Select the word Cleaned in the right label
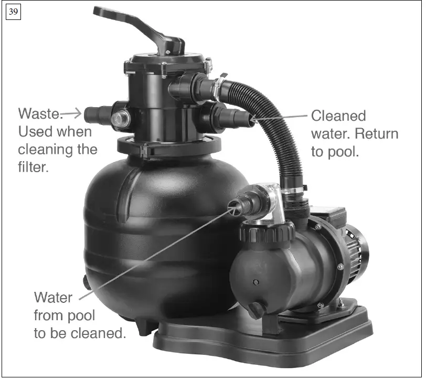pyautogui.click(x=338, y=116)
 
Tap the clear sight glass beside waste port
pyautogui.click(x=121, y=118)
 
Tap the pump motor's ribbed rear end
pyautogui.click(x=359, y=252)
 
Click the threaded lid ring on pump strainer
pyautogui.click(x=268, y=231)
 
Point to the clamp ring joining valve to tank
pyautogui.click(x=168, y=147)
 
